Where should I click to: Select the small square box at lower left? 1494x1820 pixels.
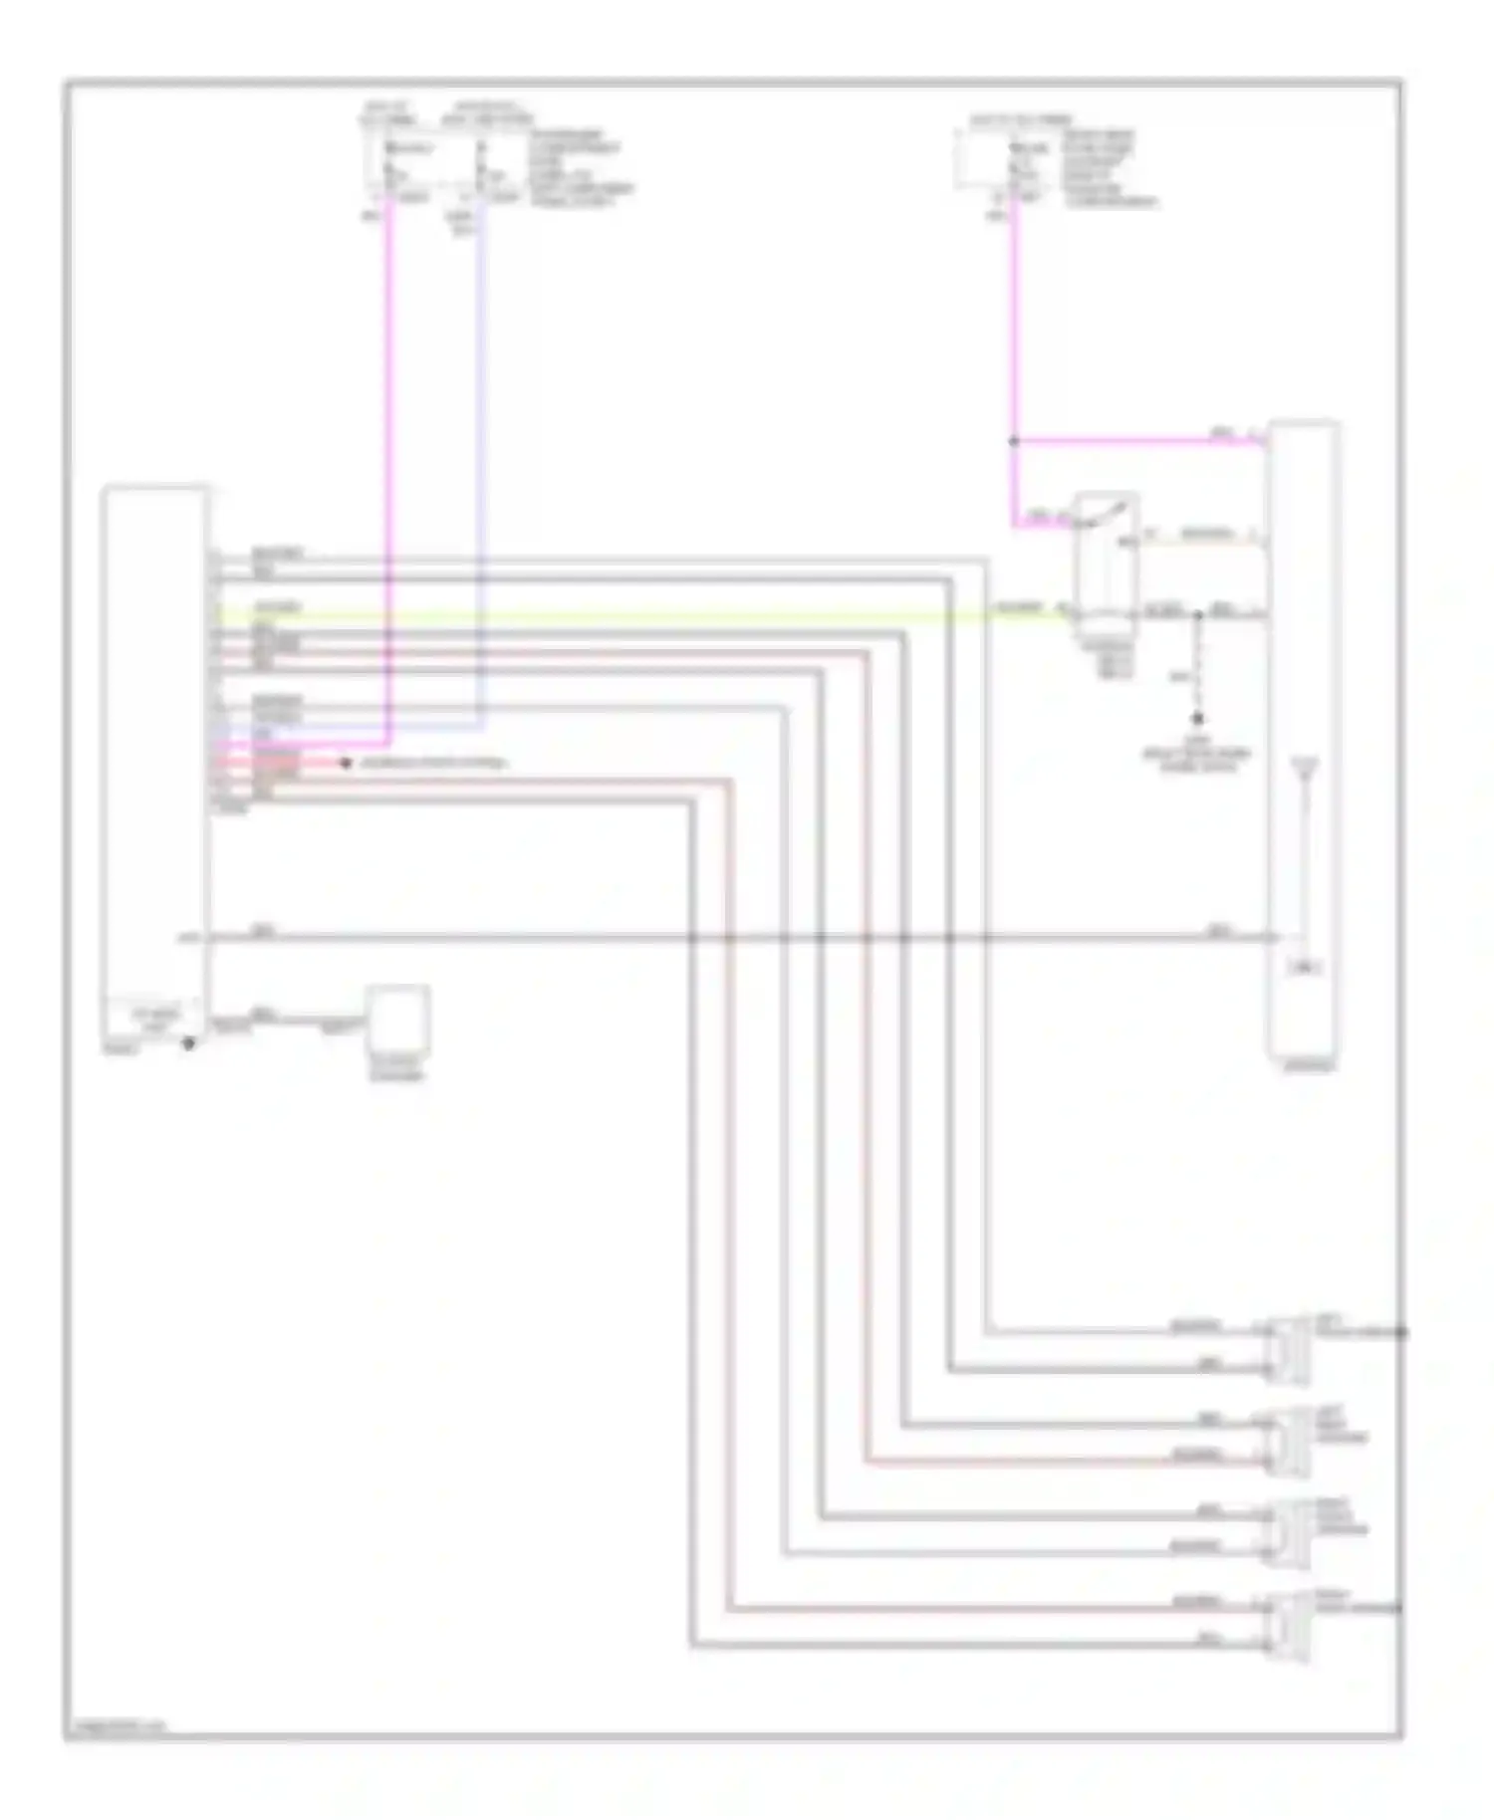point(398,1018)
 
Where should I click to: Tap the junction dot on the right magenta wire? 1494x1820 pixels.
point(1014,441)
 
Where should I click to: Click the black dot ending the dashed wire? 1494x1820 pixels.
point(1198,718)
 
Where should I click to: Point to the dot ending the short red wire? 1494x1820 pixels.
point(346,764)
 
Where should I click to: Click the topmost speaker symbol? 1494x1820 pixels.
point(1289,1349)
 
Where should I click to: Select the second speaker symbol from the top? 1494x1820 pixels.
point(1289,1440)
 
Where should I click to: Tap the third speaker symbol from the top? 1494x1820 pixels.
point(1289,1531)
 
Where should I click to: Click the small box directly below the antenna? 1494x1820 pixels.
point(1303,967)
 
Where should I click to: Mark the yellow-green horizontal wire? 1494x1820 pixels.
point(637,615)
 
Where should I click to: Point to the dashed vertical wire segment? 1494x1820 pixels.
point(1198,667)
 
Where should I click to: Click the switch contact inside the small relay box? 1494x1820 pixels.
point(1105,512)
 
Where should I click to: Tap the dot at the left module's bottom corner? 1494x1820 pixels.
point(187,1043)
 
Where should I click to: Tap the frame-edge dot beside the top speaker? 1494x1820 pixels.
point(1400,1332)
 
